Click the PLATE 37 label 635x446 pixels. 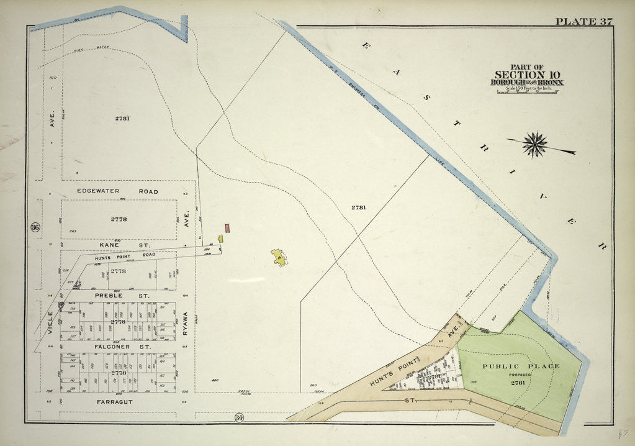point(583,22)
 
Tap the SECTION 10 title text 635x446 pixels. point(527,75)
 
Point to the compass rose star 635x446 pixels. point(534,144)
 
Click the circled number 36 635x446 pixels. point(35,227)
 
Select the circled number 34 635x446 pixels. point(238,417)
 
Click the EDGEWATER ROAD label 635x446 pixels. point(117,191)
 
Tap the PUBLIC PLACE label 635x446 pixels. point(521,366)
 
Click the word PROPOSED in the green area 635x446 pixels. point(521,375)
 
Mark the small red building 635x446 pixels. point(228,228)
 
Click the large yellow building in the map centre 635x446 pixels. point(279,257)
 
